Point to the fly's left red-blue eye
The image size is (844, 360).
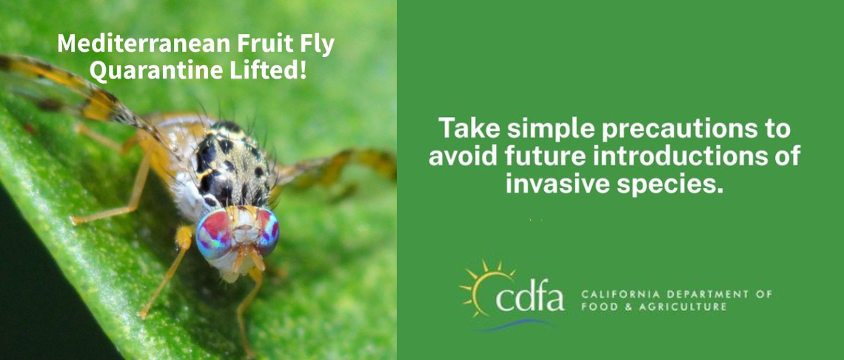tap(214, 233)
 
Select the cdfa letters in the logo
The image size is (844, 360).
tap(529, 298)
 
